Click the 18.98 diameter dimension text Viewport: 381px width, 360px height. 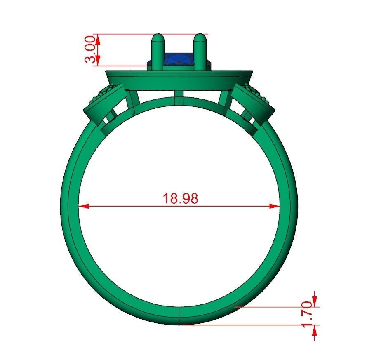point(180,198)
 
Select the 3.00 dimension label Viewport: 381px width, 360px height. point(92,49)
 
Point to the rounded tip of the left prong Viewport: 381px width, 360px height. point(157,38)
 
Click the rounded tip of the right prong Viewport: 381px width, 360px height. point(200,38)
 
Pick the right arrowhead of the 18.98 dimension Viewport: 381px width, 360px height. point(275,206)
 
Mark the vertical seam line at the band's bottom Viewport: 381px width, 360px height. point(180,315)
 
